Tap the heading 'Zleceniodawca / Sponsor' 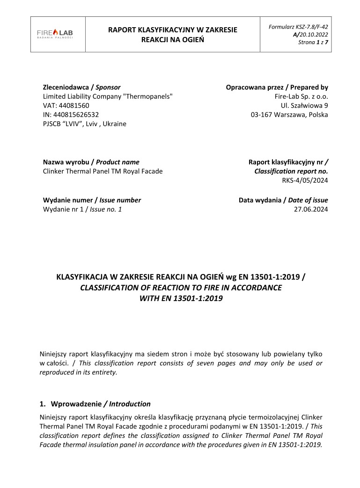[x=81, y=87]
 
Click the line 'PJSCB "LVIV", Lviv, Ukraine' [x=84, y=124]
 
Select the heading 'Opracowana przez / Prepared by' [x=277, y=87]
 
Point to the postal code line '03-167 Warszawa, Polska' [x=289, y=115]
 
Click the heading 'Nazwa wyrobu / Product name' [x=91, y=162]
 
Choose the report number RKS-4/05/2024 [x=305, y=180]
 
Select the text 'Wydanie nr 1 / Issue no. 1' [x=82, y=209]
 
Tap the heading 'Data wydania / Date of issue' [x=283, y=200]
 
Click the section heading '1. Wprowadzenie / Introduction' [x=96, y=404]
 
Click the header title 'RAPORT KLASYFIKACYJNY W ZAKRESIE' [x=173, y=30]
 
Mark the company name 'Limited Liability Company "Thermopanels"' [x=108, y=96]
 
